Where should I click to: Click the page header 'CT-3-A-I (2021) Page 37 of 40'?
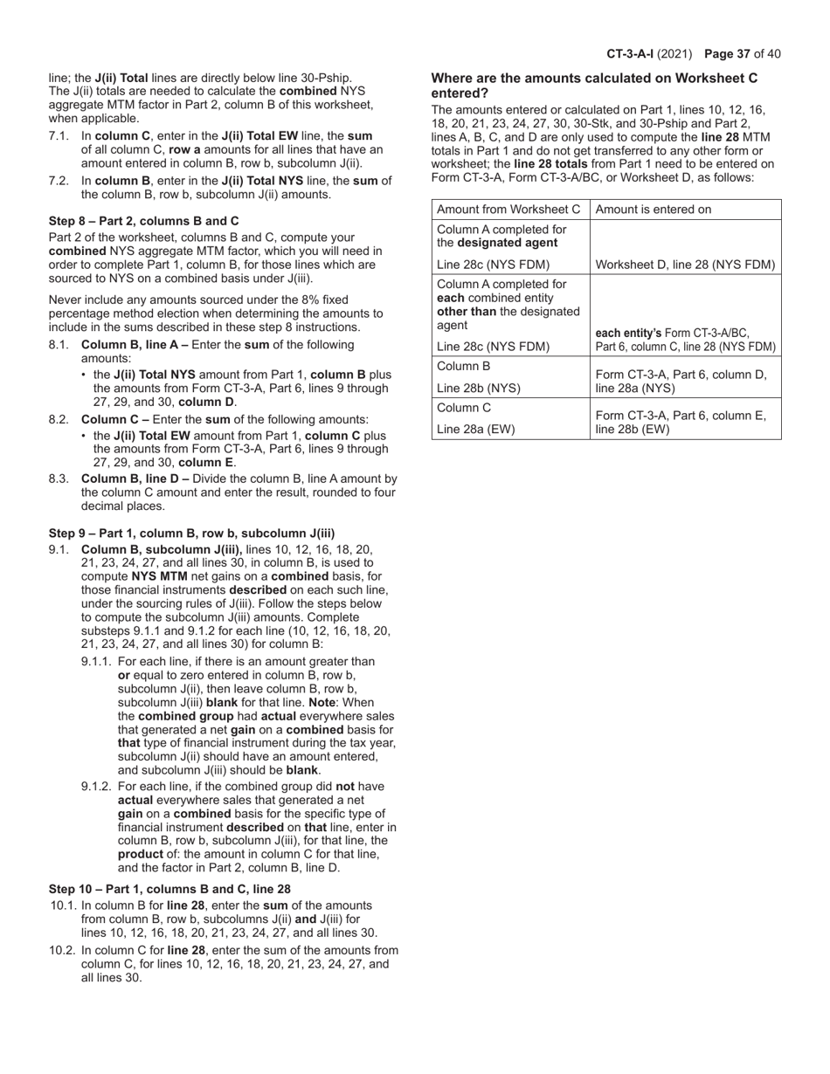coord(694,54)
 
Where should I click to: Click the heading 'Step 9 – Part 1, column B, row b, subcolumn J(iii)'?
coord(191,534)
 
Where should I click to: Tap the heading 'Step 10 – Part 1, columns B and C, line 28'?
coord(169,889)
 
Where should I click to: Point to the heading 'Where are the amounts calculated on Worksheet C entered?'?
coord(594,86)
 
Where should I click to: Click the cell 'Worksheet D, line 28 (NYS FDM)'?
coord(684,265)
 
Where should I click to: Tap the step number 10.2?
coord(64,951)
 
